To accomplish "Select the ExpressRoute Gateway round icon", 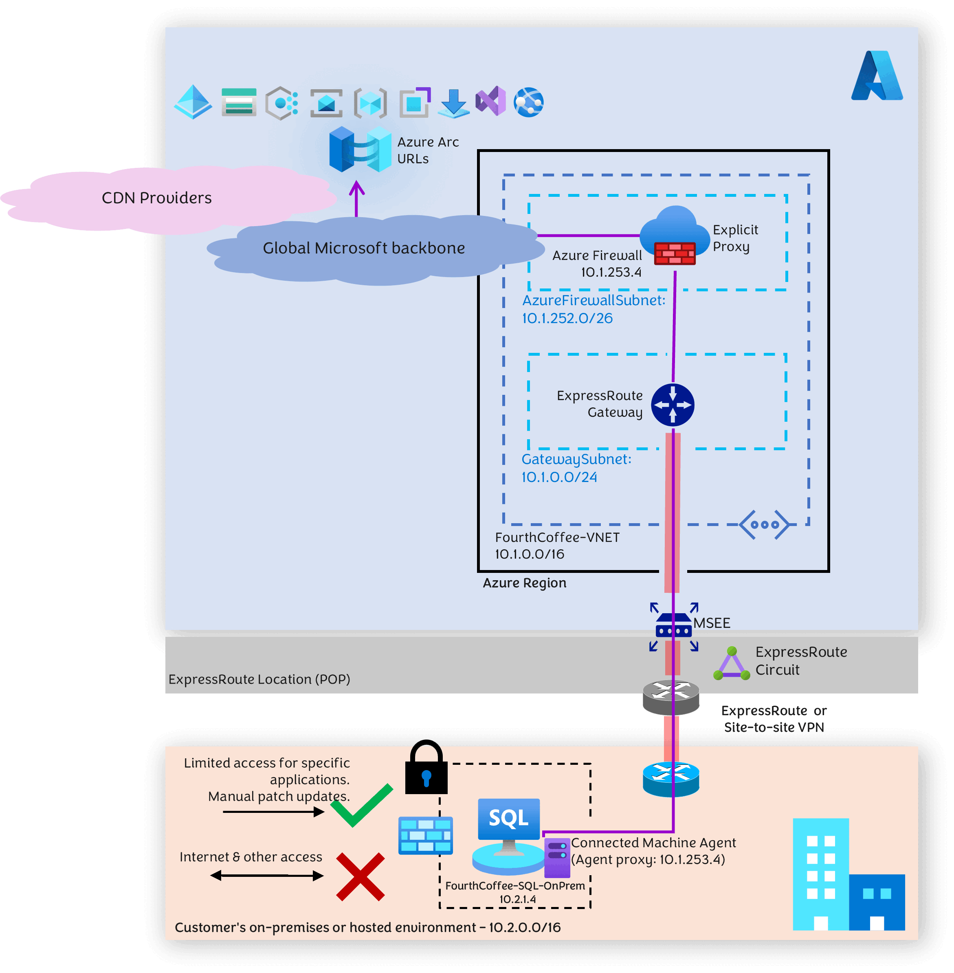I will [x=673, y=405].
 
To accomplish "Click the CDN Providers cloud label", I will [x=156, y=198].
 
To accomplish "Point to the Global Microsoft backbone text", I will [x=364, y=248].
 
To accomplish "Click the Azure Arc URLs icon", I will [x=360, y=150].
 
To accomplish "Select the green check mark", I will [x=361, y=805].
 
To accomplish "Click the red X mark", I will [x=360, y=877].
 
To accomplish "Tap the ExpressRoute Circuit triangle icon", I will [x=732, y=664].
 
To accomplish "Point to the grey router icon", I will [x=671, y=697].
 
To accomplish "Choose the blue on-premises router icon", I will [x=671, y=779].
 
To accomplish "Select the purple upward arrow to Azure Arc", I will [x=356, y=198].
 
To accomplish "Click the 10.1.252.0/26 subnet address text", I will [x=567, y=318].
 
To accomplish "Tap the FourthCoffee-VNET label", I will [x=557, y=537].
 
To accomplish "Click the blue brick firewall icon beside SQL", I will [x=425, y=835].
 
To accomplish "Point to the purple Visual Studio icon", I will [x=490, y=101].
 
